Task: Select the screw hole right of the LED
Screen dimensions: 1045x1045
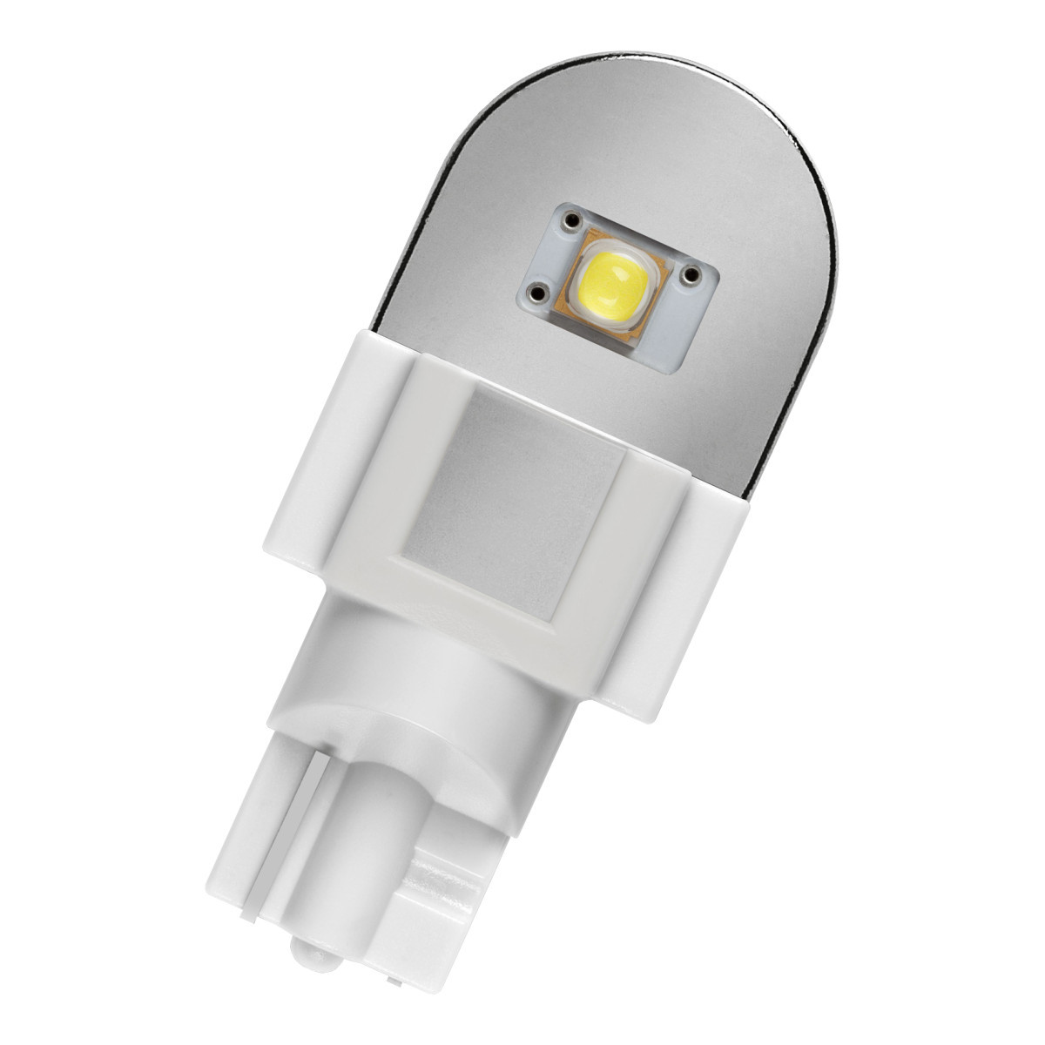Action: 692,274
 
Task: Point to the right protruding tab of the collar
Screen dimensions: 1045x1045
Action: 697,557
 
